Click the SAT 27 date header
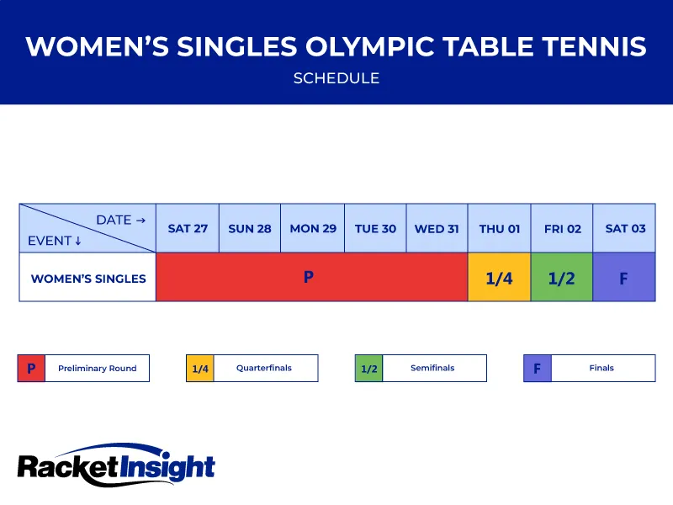click(x=188, y=228)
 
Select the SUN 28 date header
click(x=250, y=228)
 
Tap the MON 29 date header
click(x=313, y=228)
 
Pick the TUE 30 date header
click(x=375, y=228)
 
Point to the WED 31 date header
click(x=437, y=228)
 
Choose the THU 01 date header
click(x=500, y=228)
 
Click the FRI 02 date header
click(x=562, y=228)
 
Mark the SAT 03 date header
click(x=625, y=228)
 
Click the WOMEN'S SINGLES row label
click(x=88, y=278)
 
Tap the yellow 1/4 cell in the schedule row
click(x=500, y=278)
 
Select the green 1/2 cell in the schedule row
click(x=562, y=278)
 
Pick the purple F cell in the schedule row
click(x=624, y=278)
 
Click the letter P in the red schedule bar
click(x=309, y=276)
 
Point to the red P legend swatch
click(x=31, y=368)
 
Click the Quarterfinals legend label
click(x=265, y=368)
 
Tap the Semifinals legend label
click(x=432, y=368)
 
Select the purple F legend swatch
click(x=537, y=368)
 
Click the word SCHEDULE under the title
click(x=336, y=78)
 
